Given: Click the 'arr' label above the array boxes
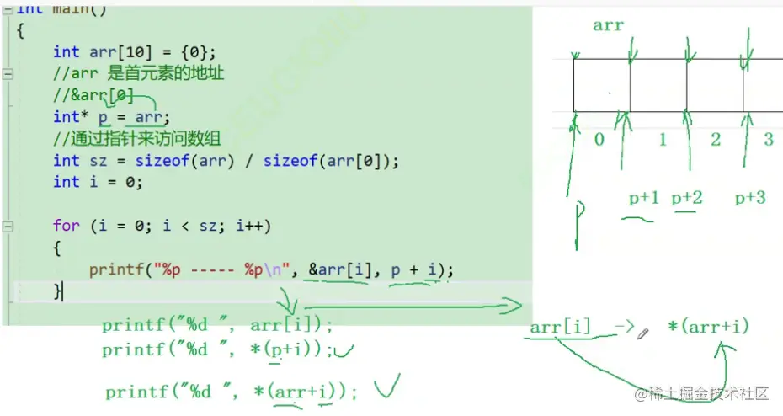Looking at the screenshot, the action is tap(608, 25).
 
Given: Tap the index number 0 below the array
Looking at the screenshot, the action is tap(599, 139).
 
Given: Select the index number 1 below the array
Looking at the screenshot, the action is tap(662, 139).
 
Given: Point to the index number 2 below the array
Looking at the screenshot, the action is tap(716, 139).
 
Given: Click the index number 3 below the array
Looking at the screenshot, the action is tap(769, 139).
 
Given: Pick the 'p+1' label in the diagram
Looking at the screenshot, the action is tap(644, 198).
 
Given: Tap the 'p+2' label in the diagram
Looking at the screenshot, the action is tap(687, 198).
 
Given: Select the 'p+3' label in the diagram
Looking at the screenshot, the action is tap(750, 198).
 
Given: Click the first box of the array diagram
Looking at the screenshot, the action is tap(601, 84).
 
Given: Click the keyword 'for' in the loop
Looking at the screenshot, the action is tap(66, 226).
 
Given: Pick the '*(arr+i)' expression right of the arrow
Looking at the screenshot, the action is tap(707, 327).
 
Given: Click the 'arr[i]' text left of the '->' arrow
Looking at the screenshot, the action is tap(561, 327).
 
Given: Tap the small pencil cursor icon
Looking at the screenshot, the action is tap(643, 334).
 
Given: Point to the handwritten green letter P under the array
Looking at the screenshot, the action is tap(579, 223).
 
